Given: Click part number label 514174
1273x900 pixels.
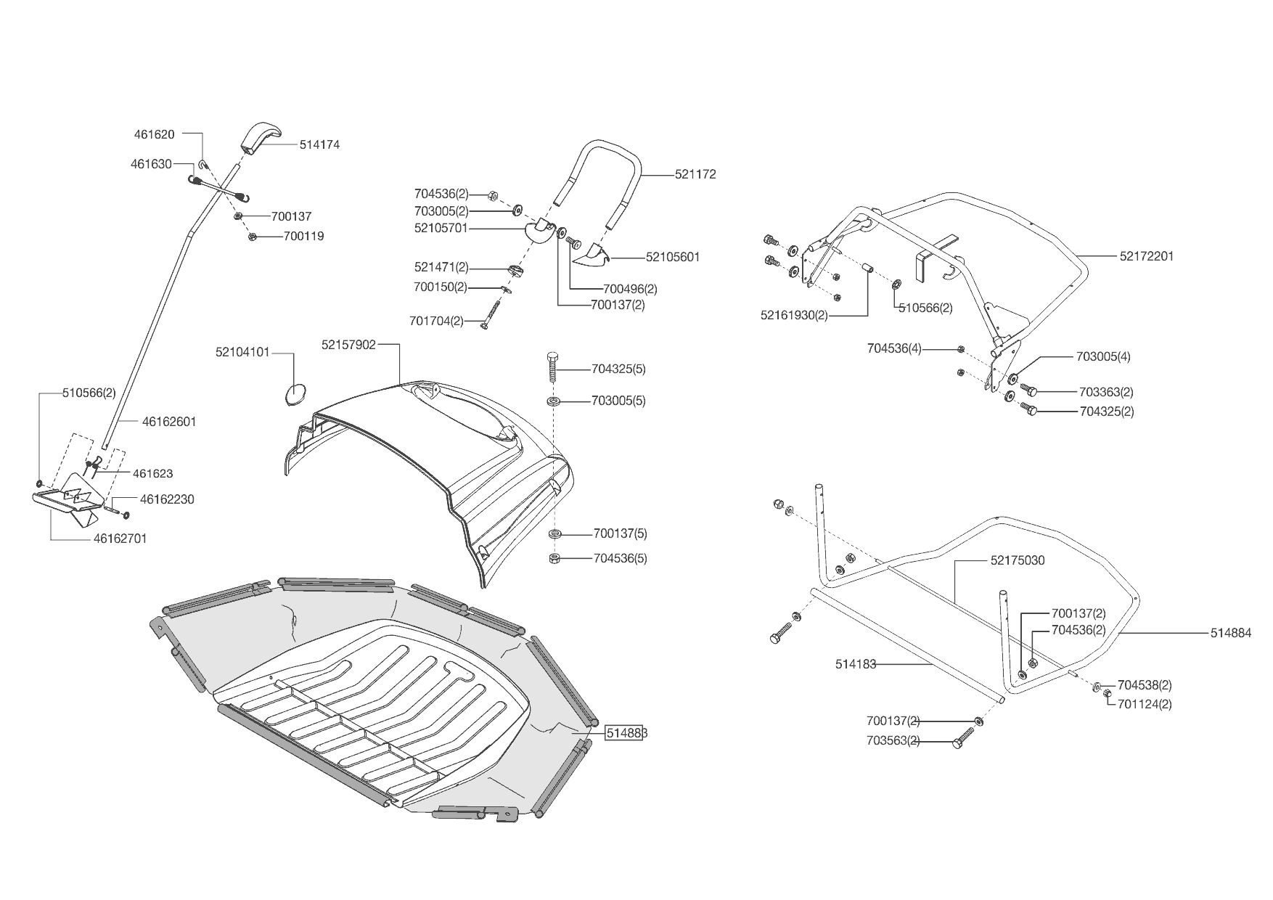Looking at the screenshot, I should (x=319, y=144).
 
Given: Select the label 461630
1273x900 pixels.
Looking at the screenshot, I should (x=151, y=164).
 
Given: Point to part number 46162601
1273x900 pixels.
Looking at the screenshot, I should (x=169, y=422).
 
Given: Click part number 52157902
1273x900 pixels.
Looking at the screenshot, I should (x=348, y=345).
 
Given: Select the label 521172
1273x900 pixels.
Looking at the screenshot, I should (x=695, y=174).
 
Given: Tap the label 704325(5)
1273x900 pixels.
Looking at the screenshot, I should (x=618, y=369).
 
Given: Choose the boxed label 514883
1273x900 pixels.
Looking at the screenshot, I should (x=626, y=733).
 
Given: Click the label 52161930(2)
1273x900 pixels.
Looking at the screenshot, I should (x=793, y=315).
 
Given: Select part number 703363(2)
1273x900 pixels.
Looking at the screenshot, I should (x=1106, y=392).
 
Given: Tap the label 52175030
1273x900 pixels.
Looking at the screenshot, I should (x=1018, y=560).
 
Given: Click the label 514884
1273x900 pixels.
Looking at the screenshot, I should (x=1231, y=633).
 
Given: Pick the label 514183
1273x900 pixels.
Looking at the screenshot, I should (x=856, y=663).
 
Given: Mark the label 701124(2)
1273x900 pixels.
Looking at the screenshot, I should (x=1145, y=704).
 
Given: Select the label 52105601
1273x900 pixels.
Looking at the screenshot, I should (x=673, y=257).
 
